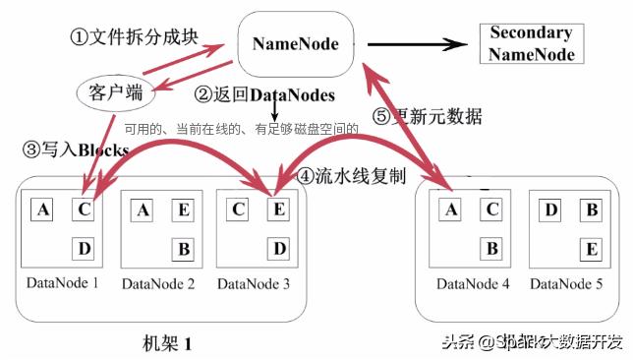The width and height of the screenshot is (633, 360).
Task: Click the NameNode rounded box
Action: tap(296, 44)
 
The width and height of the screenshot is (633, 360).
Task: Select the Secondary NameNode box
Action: tap(532, 43)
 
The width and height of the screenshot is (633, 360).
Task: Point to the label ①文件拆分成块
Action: tap(135, 37)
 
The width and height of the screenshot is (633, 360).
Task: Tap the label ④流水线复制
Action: tap(350, 177)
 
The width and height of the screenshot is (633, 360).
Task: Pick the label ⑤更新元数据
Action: tap(428, 116)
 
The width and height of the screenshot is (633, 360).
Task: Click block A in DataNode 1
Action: tap(42, 209)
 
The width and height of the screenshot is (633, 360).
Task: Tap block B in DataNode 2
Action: tap(183, 248)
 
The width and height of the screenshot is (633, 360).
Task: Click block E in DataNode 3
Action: tap(278, 209)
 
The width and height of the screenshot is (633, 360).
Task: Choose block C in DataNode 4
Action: tap(492, 209)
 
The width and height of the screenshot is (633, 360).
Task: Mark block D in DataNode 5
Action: tap(550, 209)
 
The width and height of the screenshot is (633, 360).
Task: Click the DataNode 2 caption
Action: tap(158, 284)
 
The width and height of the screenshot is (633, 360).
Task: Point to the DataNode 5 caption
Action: tap(566, 284)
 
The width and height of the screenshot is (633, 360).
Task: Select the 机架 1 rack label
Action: tap(167, 343)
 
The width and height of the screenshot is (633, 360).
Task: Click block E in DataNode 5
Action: tap(591, 248)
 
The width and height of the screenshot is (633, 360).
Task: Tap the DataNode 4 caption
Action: tap(471, 284)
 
